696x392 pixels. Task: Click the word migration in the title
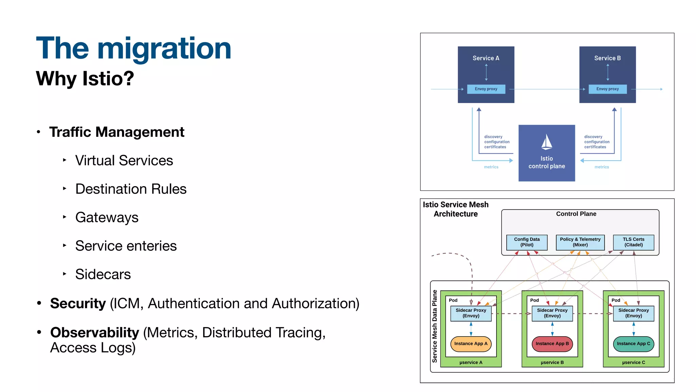point(164,49)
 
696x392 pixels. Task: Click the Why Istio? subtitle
point(85,78)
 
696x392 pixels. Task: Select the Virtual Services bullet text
point(124,161)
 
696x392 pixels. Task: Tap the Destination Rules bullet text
point(131,189)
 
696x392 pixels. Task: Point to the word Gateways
point(107,217)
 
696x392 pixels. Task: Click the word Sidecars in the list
point(103,274)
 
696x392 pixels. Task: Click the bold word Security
point(78,304)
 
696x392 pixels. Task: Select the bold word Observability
point(94,332)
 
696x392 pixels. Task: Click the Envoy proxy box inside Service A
point(486,89)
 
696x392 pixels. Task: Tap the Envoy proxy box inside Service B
point(607,89)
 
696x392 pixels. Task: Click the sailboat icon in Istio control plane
point(546,142)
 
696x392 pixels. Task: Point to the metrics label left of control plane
point(491,167)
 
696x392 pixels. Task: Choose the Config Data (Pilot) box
point(527,242)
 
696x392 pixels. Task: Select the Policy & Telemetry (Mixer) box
point(580,242)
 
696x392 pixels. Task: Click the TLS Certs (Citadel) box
point(633,242)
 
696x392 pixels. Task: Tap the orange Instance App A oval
point(471,344)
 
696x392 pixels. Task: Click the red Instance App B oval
point(552,344)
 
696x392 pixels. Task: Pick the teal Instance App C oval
point(633,344)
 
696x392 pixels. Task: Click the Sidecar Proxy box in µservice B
point(552,313)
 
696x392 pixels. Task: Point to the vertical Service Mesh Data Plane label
point(435,326)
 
